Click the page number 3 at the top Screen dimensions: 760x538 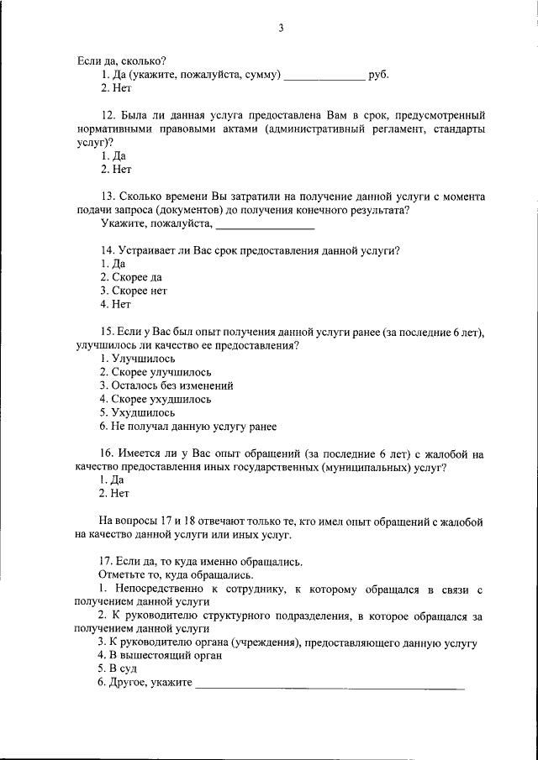click(x=282, y=28)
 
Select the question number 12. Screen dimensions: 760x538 click(x=107, y=115)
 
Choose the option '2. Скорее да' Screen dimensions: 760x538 click(x=130, y=277)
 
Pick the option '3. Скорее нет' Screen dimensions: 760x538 click(x=133, y=291)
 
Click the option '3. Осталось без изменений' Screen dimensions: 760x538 click(x=166, y=385)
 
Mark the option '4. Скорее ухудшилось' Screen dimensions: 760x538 click(x=155, y=399)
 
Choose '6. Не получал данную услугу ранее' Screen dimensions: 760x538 click(x=187, y=426)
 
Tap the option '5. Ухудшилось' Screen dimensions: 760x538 click(x=137, y=412)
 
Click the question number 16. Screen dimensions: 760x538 click(x=107, y=453)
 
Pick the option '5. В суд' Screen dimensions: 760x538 click(x=118, y=668)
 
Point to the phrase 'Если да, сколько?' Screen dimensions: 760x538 click(x=121, y=60)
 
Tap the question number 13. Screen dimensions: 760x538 click(x=107, y=197)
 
